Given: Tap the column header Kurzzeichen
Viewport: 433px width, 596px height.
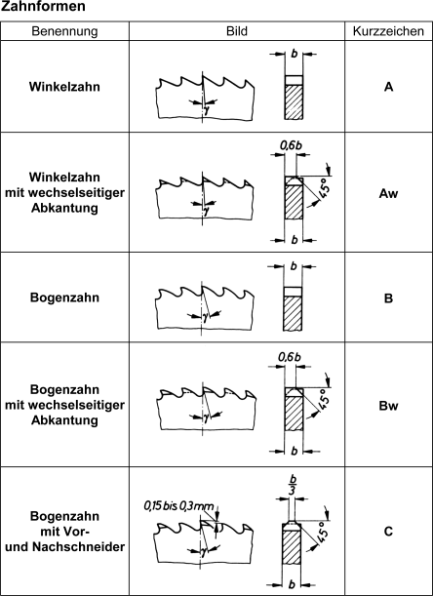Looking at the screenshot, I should point(388,31).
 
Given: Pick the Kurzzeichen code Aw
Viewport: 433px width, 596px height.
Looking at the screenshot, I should point(388,194).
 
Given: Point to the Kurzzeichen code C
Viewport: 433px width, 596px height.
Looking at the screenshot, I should point(388,532).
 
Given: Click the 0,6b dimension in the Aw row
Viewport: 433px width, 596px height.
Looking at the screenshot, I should point(291,145).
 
